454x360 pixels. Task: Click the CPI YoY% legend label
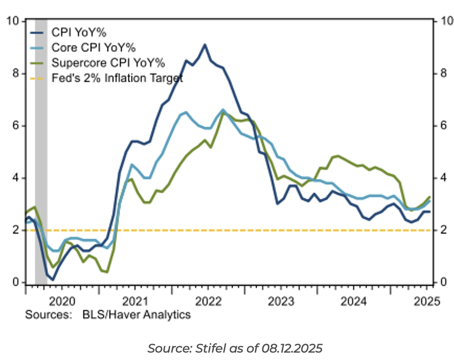click(79, 32)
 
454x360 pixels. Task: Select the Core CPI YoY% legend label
click(93, 47)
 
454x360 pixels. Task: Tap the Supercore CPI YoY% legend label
click(108, 63)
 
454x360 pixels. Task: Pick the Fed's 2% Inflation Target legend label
click(117, 78)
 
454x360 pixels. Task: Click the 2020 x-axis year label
click(62, 302)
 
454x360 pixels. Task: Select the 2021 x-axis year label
click(135, 302)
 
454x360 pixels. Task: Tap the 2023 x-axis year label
click(281, 302)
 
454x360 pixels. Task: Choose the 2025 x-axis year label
click(427, 302)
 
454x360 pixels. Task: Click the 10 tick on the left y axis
click(15, 21)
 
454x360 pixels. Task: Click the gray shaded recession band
click(41, 152)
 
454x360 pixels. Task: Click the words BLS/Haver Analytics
click(136, 315)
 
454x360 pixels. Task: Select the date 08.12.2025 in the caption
click(291, 349)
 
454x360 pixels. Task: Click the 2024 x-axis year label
click(354, 302)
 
